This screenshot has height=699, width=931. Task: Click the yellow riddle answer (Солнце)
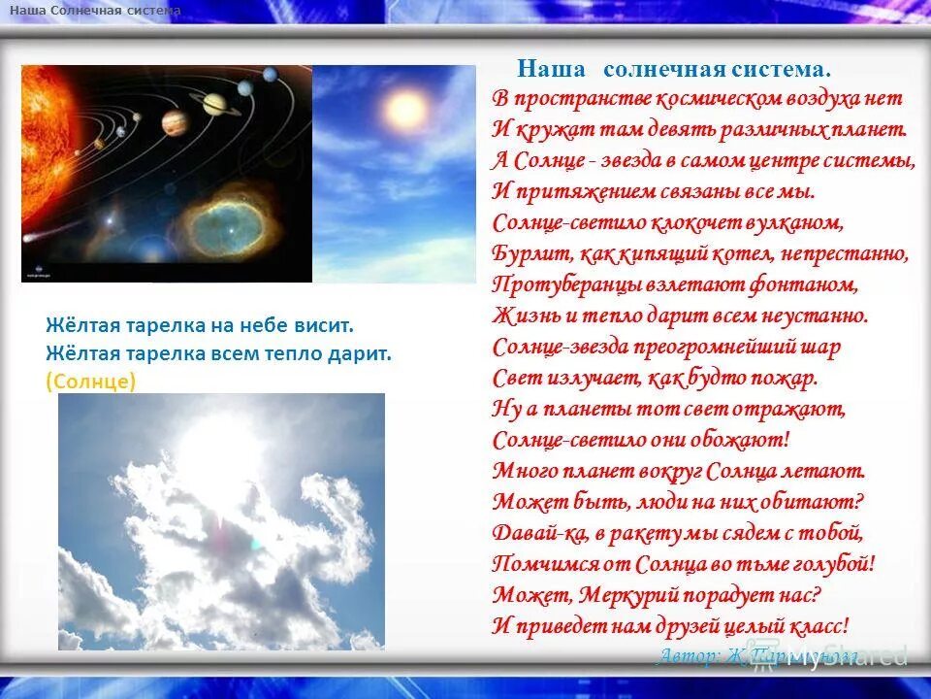[90, 382]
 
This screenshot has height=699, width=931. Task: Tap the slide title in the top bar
[95, 10]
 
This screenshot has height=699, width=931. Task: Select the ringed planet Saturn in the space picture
[214, 102]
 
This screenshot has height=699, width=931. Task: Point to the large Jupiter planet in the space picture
[174, 121]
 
